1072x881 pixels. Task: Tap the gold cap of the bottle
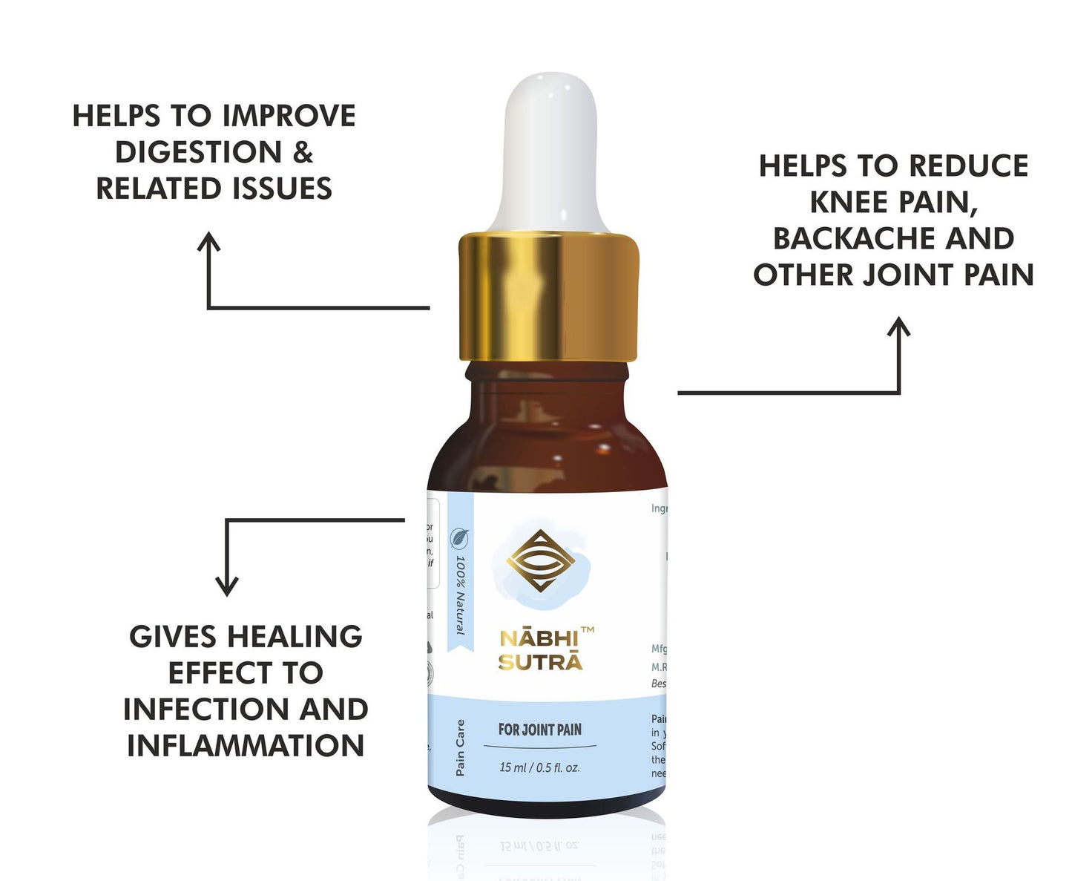pyautogui.click(x=548, y=297)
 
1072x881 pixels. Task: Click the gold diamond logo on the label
pyautogui.click(x=542, y=561)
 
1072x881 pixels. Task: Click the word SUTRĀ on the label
pyautogui.click(x=540, y=662)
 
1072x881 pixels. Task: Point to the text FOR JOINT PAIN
pyautogui.click(x=540, y=730)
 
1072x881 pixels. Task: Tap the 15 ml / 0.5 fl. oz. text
pyautogui.click(x=539, y=767)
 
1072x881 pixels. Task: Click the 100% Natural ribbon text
pyautogui.click(x=461, y=595)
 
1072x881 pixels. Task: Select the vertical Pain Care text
pyautogui.click(x=461, y=747)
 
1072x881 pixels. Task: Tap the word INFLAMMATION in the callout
pyautogui.click(x=246, y=745)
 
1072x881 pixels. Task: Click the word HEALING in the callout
pyautogui.click(x=295, y=637)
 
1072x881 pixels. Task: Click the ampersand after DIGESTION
pyautogui.click(x=303, y=152)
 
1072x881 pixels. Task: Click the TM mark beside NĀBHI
pyautogui.click(x=587, y=630)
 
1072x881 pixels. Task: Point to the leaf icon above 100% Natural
pyautogui.click(x=460, y=537)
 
